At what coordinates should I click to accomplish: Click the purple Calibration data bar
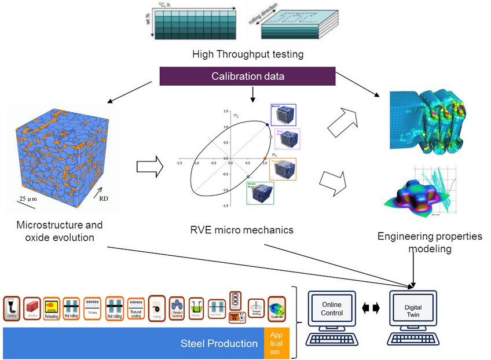click(247, 76)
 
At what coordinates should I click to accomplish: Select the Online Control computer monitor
click(332, 308)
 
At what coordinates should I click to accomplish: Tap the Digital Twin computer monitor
click(413, 308)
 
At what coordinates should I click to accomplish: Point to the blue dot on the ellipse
click(267, 124)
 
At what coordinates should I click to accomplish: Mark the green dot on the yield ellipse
click(248, 177)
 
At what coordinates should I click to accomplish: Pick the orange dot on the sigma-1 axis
click(265, 159)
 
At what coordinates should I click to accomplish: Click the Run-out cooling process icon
click(136, 308)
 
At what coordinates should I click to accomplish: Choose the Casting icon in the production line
click(12, 308)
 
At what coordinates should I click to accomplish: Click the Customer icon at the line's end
click(276, 308)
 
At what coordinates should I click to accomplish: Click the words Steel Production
click(219, 343)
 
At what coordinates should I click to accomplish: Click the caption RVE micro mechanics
click(241, 230)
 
